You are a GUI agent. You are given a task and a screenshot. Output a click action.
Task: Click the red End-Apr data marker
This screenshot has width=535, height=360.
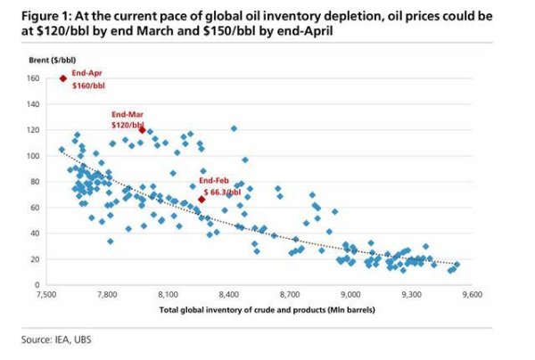pyautogui.click(x=63, y=78)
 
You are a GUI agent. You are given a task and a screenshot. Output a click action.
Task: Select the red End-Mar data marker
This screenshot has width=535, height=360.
pyautogui.click(x=143, y=130)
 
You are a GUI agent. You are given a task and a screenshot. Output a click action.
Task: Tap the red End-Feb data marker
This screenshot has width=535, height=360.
pyautogui.click(x=202, y=200)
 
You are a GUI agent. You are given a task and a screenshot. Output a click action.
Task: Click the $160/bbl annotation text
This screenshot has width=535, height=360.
pyautogui.click(x=88, y=86)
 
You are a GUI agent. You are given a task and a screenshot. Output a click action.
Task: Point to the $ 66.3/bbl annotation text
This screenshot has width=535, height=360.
pyautogui.click(x=222, y=192)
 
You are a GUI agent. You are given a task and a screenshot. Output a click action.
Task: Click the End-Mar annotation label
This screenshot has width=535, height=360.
pyautogui.click(x=128, y=115)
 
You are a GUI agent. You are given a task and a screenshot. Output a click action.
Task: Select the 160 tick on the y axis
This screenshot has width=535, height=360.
pyautogui.click(x=33, y=78)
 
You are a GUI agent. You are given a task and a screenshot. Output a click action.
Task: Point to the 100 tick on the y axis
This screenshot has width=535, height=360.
pyautogui.click(x=33, y=156)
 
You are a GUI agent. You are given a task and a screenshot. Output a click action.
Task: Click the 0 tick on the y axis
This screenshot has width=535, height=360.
pyautogui.click(x=37, y=284)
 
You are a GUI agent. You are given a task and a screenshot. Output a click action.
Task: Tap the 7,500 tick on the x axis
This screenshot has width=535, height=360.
pyautogui.click(x=46, y=294)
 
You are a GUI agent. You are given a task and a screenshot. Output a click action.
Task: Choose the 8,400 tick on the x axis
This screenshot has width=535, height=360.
pyautogui.click(x=229, y=294)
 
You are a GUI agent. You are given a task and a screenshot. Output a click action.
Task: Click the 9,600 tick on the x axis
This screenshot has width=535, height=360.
pyautogui.click(x=473, y=294)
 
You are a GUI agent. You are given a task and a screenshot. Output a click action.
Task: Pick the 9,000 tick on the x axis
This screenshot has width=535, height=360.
pyautogui.click(x=350, y=294)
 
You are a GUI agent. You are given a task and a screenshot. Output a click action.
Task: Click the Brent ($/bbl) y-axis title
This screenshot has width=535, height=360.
pyautogui.click(x=53, y=61)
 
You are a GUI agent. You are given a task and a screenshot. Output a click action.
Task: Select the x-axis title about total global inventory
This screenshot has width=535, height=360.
pyautogui.click(x=267, y=310)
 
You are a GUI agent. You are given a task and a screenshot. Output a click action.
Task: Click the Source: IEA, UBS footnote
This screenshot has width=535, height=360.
pyautogui.click(x=56, y=340)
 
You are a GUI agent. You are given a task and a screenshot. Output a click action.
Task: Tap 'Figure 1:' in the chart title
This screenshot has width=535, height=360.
pyautogui.click(x=46, y=16)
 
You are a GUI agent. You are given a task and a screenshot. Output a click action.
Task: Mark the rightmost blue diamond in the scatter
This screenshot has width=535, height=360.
pyautogui.click(x=457, y=264)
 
